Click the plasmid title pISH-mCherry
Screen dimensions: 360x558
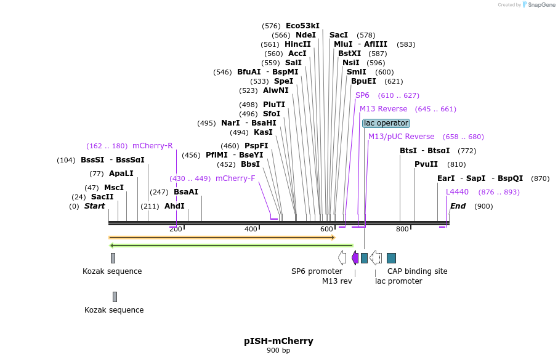(278, 341)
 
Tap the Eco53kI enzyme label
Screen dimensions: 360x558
(302, 26)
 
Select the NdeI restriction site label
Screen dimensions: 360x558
(305, 35)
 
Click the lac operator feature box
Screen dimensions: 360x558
(386, 123)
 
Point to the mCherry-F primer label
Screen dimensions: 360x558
(235, 178)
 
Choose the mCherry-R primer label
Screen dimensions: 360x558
(153, 146)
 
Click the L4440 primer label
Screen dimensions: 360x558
(457, 192)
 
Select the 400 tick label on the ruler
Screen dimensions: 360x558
(251, 229)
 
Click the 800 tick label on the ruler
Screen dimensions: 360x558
(402, 229)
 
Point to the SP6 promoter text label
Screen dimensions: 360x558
(317, 271)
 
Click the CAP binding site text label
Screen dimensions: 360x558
(417, 271)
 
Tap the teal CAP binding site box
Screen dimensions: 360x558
(391, 258)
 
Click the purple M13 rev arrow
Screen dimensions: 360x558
(355, 258)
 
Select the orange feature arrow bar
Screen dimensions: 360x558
(222, 238)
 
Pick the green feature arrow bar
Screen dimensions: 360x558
(231, 246)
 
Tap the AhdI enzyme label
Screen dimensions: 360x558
(174, 206)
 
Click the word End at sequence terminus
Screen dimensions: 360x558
(458, 206)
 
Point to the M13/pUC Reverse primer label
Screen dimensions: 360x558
(401, 137)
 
